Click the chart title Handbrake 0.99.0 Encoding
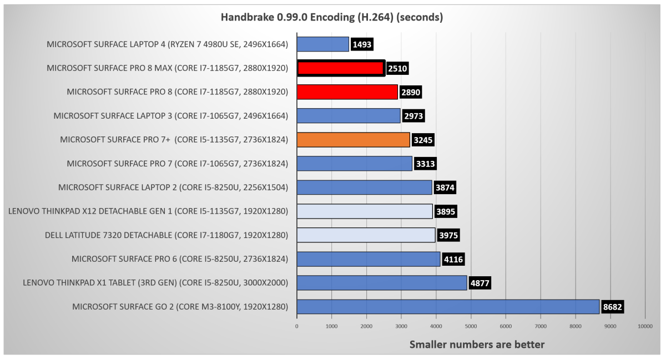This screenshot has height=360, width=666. click(x=332, y=17)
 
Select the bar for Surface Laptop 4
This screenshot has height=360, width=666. click(x=323, y=44)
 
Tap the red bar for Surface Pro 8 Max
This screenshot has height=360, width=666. click(x=341, y=68)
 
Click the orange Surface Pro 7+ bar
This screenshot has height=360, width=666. click(x=353, y=140)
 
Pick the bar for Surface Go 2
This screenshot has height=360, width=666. click(x=448, y=307)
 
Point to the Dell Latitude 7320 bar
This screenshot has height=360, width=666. click(x=366, y=235)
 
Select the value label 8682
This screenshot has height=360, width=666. click(x=613, y=307)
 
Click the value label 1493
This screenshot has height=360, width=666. click(x=362, y=44)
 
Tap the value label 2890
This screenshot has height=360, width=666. click(x=411, y=92)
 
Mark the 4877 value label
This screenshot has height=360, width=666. click(x=480, y=283)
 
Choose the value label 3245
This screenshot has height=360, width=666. click(x=422, y=140)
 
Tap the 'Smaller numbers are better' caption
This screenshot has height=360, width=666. click(x=477, y=344)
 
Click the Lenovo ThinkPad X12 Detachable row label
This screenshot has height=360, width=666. click(x=148, y=211)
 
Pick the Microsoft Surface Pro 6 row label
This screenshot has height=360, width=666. click(x=180, y=259)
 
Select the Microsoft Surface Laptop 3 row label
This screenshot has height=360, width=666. click(x=171, y=116)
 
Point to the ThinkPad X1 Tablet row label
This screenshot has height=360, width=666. click(x=155, y=283)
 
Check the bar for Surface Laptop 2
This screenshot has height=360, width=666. click(x=364, y=187)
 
